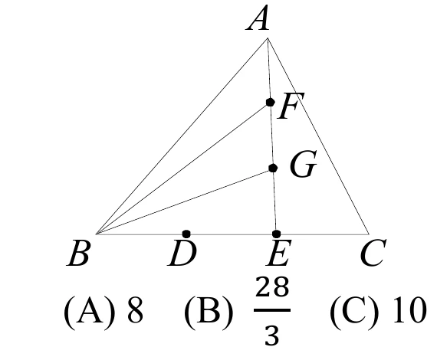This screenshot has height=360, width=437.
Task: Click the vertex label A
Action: [x=258, y=18]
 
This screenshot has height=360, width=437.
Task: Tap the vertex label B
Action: [x=78, y=253]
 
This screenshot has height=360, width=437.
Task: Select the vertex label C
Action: [x=373, y=253]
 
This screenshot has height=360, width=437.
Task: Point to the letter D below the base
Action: [x=182, y=253]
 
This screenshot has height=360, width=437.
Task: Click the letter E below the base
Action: [x=278, y=253]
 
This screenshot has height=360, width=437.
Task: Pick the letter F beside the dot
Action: [x=291, y=106]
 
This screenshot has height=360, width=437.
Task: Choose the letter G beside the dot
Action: [x=304, y=164]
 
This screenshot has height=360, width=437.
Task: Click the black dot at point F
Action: [x=270, y=102]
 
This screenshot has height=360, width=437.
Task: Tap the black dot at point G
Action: [x=273, y=168]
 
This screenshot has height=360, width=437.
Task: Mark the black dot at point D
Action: [x=186, y=234]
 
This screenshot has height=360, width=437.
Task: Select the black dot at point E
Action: [x=276, y=234]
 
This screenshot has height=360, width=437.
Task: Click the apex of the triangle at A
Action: [x=268, y=38]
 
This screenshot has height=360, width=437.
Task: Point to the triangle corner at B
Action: [x=96, y=234]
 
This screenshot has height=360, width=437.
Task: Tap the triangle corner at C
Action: [x=369, y=234]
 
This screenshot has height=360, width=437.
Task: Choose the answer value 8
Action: [x=135, y=309]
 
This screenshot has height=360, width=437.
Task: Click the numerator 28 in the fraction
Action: [x=272, y=286]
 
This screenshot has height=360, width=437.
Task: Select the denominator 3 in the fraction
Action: [x=271, y=335]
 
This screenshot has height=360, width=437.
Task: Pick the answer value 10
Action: [x=409, y=309]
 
